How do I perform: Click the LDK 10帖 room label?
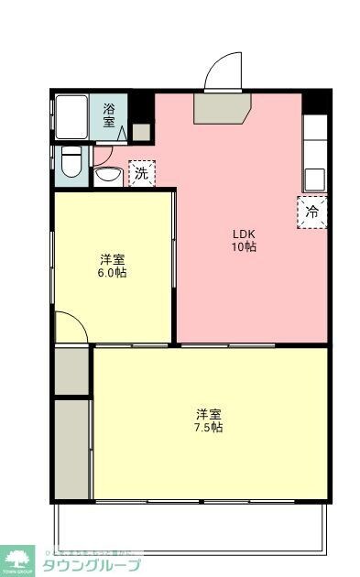[x=244, y=239]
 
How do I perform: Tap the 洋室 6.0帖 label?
[x=113, y=266]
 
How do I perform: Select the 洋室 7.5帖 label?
[x=209, y=419]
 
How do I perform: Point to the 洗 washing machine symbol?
[x=141, y=173]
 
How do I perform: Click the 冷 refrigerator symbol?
[x=311, y=212]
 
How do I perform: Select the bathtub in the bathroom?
[x=71, y=117]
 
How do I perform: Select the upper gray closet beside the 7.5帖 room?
[x=71, y=370]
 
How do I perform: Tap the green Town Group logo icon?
[x=16, y=558]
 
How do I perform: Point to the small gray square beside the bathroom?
[x=140, y=131]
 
